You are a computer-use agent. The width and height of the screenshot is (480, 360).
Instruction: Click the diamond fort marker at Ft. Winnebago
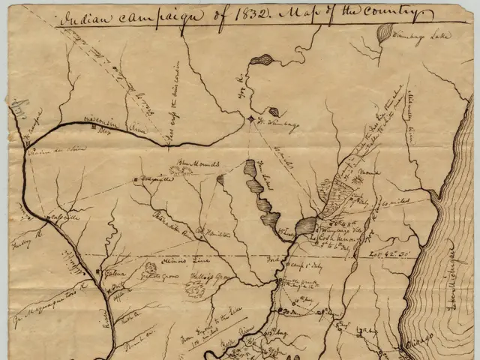[x=250, y=119]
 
